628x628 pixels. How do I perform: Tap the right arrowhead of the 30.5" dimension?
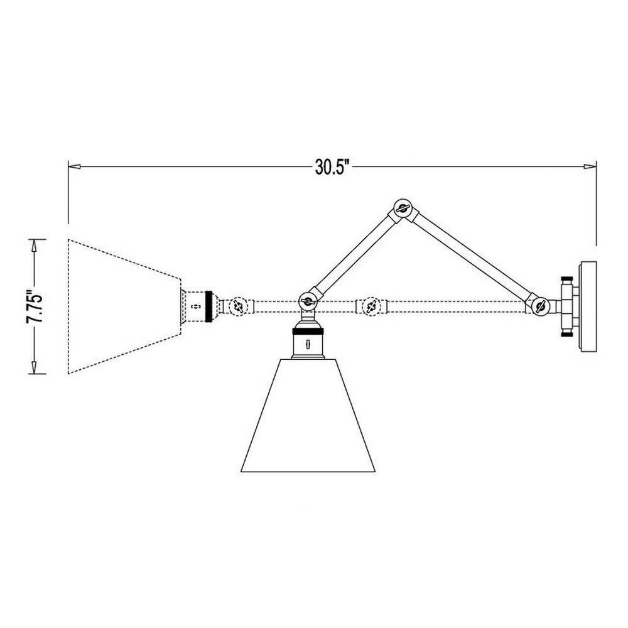(x=590, y=166)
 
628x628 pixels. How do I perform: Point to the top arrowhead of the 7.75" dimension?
(x=34, y=246)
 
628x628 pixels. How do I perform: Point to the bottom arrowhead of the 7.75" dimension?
(x=34, y=367)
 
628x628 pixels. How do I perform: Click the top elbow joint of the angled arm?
(x=402, y=208)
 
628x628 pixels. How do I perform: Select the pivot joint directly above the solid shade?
(x=308, y=301)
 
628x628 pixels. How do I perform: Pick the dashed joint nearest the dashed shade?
(x=238, y=307)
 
